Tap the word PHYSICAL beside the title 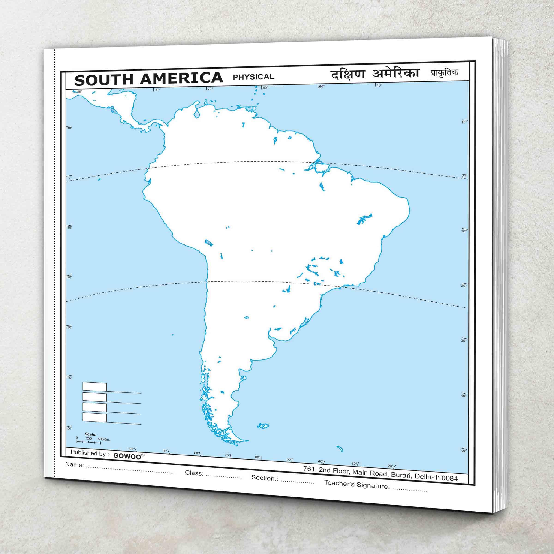pos(253,77)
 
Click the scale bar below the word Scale pos(88,443)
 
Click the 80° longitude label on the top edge pos(157,90)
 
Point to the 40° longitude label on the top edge pos(379,85)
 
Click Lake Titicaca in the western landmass pos(208,243)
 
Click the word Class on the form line pos(194,472)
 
